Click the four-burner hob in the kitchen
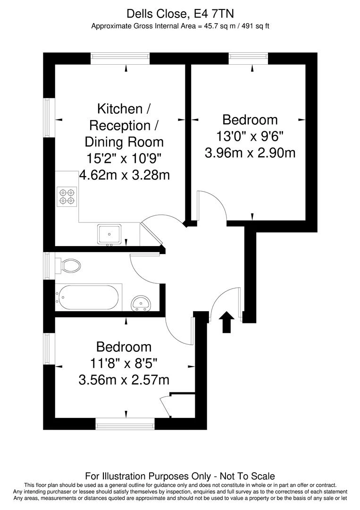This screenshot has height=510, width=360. point(67,197)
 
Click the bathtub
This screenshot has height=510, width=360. point(89,297)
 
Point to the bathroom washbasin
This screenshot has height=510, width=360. point(141,303)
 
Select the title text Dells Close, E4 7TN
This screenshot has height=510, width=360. point(180,14)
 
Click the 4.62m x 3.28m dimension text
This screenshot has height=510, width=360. point(125,175)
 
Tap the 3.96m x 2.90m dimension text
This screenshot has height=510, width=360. point(250,153)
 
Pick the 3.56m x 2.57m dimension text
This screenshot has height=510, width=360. point(124,380)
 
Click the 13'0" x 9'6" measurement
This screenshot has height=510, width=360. point(250,136)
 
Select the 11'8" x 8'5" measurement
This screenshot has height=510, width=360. point(124,363)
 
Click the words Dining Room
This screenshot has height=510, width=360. point(124,142)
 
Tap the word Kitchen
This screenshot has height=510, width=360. point(120,109)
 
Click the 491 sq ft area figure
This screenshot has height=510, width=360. point(255,26)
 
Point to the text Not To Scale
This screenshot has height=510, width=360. point(247,476)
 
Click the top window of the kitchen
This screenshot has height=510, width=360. point(120,59)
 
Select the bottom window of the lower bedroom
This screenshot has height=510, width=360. point(125,424)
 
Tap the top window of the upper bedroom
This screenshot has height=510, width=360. point(249,59)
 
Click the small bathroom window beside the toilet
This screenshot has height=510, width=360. point(49,266)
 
